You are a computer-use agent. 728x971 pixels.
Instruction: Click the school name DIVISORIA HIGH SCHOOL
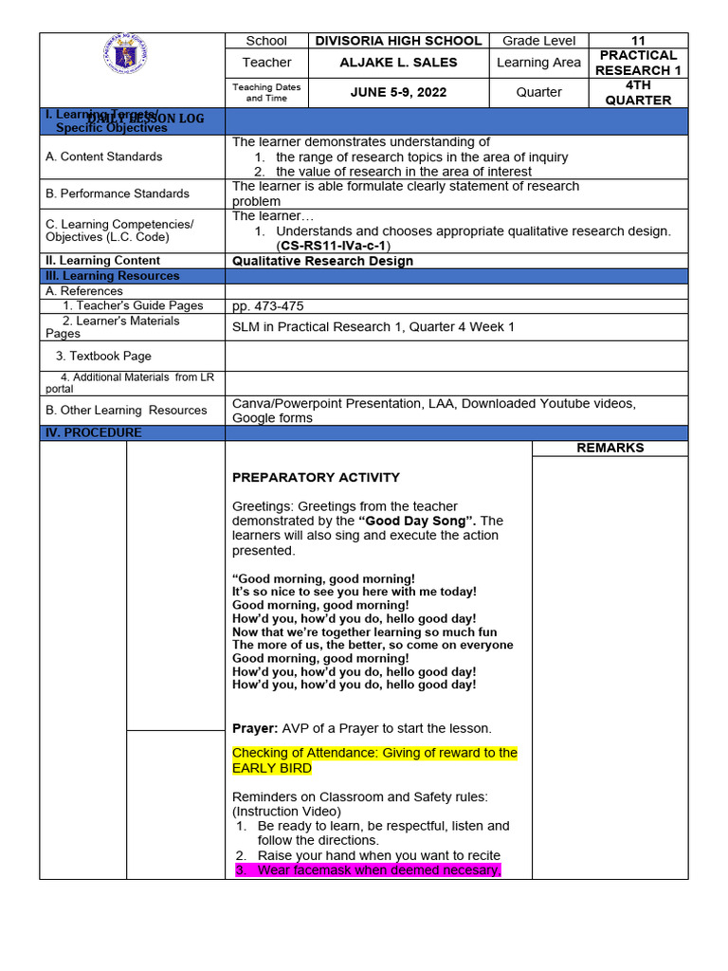398,41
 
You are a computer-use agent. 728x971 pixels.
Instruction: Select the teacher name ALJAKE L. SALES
398,63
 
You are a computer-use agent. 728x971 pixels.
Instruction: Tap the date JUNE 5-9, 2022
398,92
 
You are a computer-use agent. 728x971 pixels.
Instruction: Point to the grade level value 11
638,41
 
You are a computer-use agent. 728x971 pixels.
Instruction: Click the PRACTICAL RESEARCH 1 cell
638,63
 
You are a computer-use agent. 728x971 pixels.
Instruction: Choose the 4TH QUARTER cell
638,92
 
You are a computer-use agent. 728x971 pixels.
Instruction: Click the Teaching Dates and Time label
266,92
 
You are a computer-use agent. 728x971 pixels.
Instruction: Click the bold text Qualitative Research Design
322,261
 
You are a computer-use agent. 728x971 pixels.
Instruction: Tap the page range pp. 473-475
268,306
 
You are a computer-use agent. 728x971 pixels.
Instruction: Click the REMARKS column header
610,448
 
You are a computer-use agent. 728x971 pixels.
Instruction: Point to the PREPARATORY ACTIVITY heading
316,477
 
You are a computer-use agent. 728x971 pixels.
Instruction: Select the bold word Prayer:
254,728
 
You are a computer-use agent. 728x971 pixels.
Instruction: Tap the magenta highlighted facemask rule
368,870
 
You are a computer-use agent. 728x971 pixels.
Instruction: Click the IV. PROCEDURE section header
94,433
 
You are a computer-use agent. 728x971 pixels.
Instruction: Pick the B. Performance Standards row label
118,193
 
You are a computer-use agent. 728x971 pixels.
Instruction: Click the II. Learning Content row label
103,261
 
